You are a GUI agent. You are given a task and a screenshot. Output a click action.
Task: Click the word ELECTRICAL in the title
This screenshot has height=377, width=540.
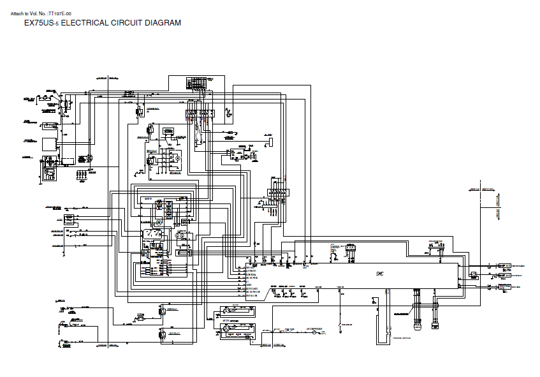point(83,23)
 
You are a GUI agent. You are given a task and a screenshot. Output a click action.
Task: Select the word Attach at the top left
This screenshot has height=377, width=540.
point(18,13)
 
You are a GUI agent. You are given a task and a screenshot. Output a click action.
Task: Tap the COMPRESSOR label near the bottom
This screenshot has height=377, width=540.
point(315,329)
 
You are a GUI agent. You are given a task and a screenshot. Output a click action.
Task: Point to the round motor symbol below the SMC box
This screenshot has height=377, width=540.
point(418,327)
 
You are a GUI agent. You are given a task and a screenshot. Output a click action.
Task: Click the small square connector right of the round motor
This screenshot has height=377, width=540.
point(435,327)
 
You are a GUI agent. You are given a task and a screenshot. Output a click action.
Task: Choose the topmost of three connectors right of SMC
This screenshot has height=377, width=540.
point(502,265)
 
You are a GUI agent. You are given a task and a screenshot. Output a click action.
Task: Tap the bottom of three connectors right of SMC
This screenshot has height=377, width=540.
point(502,286)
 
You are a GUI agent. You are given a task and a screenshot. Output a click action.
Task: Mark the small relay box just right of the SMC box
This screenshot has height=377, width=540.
point(473,276)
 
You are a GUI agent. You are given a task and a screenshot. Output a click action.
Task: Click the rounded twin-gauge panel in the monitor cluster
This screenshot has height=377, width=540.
point(154,235)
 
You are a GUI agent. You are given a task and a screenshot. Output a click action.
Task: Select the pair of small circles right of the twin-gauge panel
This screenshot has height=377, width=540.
point(180,235)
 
